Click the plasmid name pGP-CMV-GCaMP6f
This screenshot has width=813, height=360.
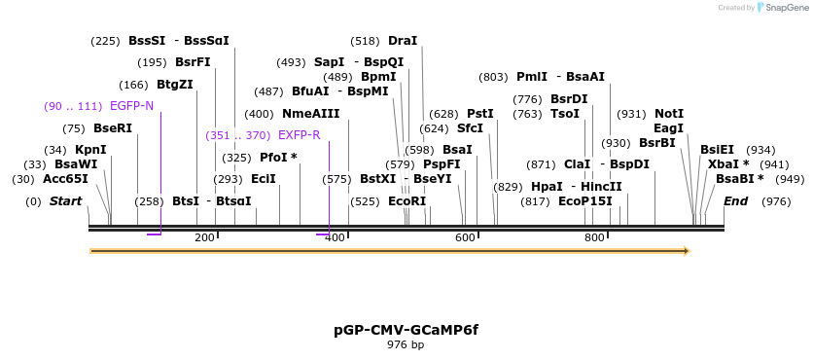(406, 330)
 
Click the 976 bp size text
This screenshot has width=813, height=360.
(406, 344)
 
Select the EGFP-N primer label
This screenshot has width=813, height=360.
(131, 106)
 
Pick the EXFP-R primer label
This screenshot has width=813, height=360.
(300, 135)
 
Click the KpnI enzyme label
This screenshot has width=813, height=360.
(90, 150)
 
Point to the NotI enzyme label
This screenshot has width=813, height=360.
(669, 114)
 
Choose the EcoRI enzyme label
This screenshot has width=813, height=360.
(407, 201)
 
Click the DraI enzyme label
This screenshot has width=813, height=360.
(403, 41)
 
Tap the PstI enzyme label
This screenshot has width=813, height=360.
(480, 114)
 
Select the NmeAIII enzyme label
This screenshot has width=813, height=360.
(311, 114)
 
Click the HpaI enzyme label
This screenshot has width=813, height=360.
(547, 187)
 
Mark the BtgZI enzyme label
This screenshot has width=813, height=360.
(175, 85)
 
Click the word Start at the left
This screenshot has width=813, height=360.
(66, 201)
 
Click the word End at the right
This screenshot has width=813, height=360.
(736, 201)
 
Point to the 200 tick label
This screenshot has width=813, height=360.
(204, 237)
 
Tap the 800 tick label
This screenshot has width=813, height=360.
(594, 237)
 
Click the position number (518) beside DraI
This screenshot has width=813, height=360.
(365, 41)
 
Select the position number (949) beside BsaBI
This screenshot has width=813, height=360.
(790, 179)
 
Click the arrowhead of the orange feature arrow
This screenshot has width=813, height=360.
(687, 251)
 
